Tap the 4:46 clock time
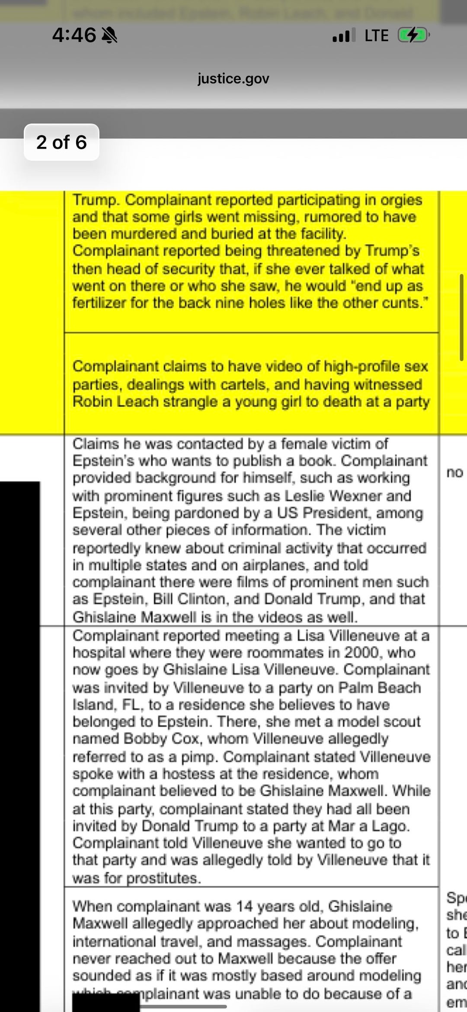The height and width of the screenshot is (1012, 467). click(x=74, y=35)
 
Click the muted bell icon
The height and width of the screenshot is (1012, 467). click(x=109, y=35)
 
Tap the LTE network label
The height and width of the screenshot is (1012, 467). click(x=376, y=35)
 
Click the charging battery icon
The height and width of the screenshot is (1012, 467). click(x=413, y=35)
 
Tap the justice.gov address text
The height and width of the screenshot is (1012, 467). click(x=233, y=78)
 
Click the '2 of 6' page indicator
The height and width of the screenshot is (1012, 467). click(x=61, y=142)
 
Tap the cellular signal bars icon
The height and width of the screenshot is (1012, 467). click(x=344, y=35)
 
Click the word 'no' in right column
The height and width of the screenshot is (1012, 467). click(x=454, y=472)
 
